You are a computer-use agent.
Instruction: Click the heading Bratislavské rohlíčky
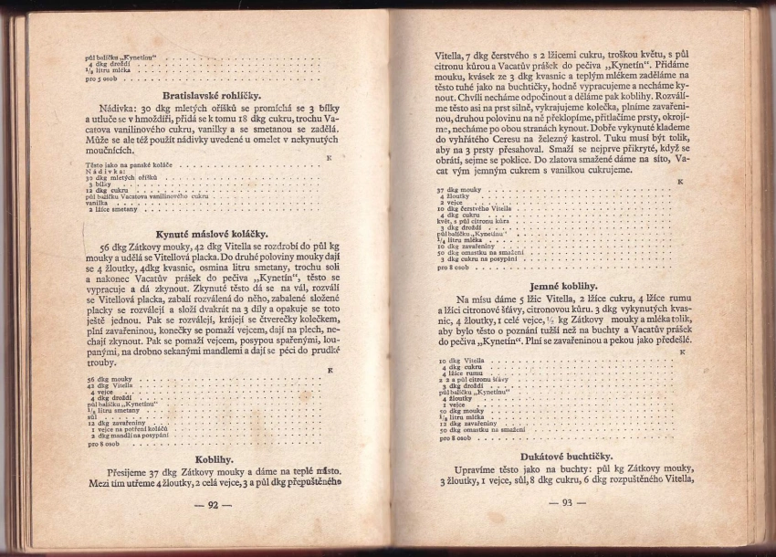click(x=211, y=95)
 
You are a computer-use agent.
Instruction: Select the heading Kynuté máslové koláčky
click(x=210, y=233)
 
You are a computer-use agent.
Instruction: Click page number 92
click(x=212, y=504)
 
